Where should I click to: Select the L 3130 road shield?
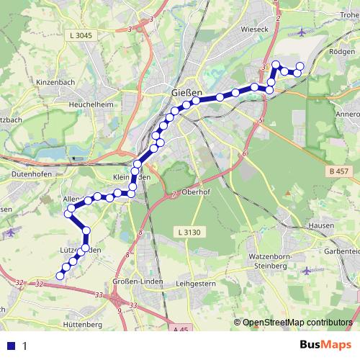click(188, 232)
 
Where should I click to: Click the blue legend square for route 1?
click(11, 346)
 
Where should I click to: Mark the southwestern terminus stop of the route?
click(60, 274)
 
